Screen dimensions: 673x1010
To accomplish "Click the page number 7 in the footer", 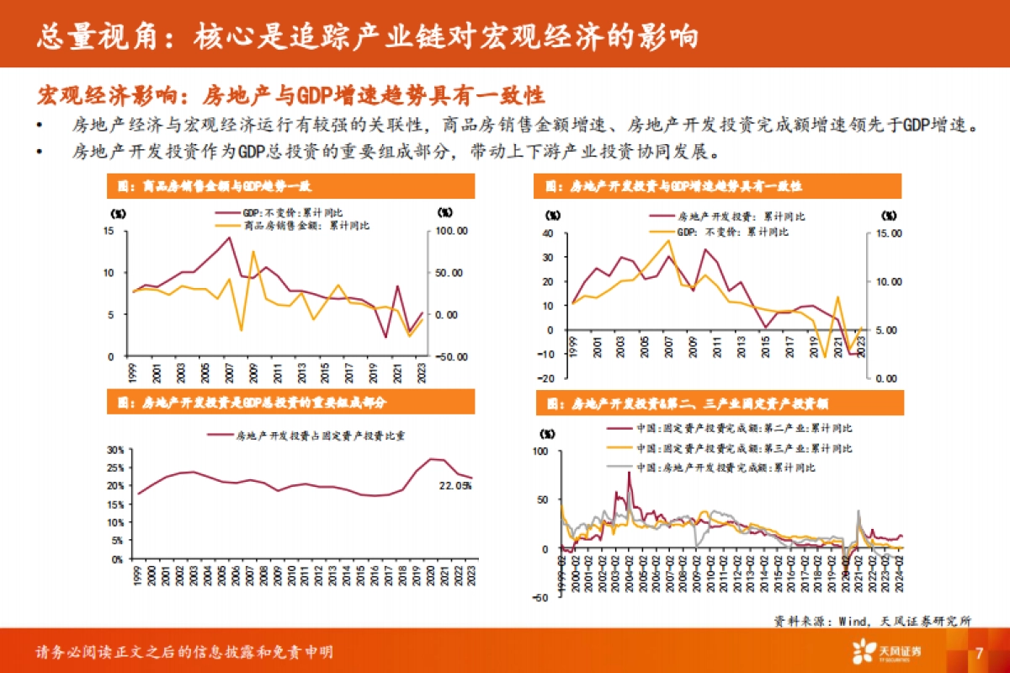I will pos(979,653).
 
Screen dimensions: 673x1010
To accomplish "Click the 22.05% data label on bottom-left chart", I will pos(455,486).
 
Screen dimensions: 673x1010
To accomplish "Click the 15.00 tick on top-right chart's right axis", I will pos(888,233).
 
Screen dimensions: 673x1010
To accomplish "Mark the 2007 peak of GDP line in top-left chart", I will pos(229,238).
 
